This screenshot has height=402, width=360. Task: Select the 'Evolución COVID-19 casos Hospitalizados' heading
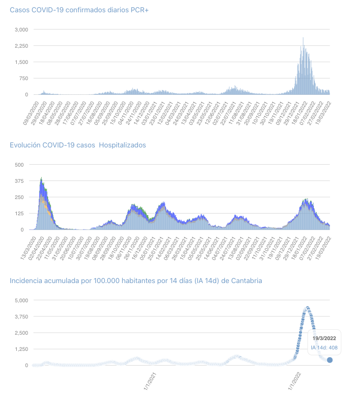[x=78, y=145]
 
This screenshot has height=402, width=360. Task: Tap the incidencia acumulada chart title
[x=136, y=281]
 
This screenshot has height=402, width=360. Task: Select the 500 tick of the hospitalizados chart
[x=20, y=165]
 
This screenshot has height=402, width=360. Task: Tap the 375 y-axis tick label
[x=20, y=181]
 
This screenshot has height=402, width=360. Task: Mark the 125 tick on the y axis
[x=20, y=213]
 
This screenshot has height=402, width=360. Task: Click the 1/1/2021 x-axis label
[x=150, y=381]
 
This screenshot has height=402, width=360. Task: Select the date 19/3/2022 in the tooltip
[x=324, y=338]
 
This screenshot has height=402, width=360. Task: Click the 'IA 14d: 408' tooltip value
[x=324, y=348]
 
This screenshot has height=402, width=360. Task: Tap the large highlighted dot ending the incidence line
[x=330, y=360]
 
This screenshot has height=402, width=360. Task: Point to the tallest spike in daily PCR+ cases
[x=303, y=38]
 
